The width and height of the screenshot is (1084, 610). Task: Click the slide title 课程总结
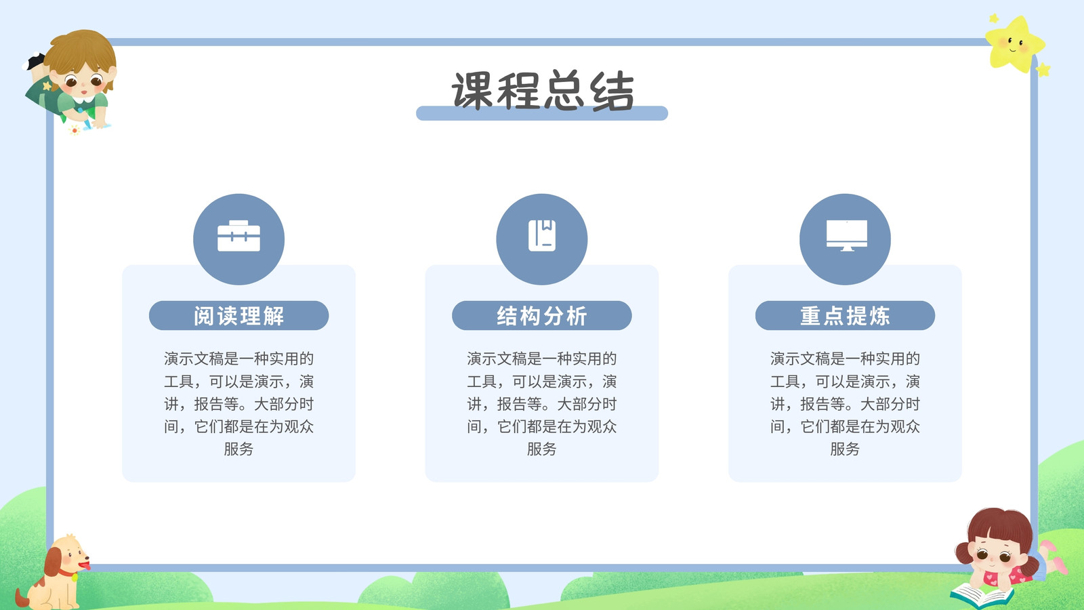point(542,91)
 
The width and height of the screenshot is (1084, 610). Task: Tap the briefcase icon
point(238,236)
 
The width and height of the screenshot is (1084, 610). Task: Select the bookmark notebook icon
point(541,236)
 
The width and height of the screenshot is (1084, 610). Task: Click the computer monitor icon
point(846,236)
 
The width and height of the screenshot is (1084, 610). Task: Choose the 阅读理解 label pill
point(238,316)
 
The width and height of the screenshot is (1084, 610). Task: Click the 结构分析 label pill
point(541,316)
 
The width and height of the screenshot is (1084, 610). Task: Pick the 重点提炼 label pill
point(845,316)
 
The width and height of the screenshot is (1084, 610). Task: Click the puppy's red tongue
point(85,565)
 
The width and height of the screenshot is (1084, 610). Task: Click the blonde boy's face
point(83,81)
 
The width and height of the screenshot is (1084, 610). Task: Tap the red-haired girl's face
point(996,556)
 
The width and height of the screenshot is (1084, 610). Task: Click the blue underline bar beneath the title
point(542,114)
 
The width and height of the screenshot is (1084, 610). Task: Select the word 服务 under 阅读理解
point(238,449)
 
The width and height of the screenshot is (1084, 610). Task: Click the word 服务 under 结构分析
point(541,449)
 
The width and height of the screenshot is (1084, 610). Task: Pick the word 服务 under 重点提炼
point(845,449)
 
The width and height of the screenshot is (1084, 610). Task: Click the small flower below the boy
point(75,129)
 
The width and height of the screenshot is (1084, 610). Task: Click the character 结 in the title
point(612,91)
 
